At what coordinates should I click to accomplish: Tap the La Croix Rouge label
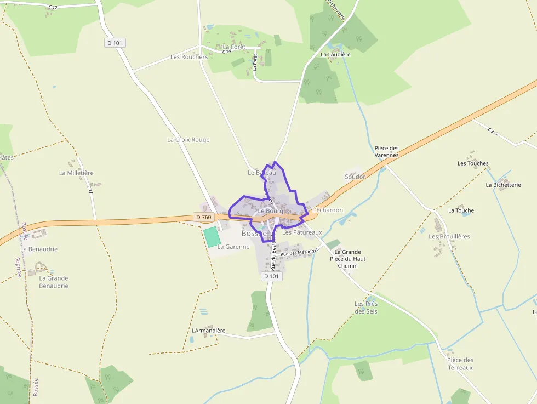point(188,140)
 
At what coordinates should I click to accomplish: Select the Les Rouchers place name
point(189,57)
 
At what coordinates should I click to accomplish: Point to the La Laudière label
point(335,55)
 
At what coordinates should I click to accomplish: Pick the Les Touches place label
point(473,163)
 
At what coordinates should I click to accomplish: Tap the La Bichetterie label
point(503,185)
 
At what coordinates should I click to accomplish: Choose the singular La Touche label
point(461,210)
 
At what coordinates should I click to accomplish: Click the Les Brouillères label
point(449,237)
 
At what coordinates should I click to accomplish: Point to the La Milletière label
point(76,173)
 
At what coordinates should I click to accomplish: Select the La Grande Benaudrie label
point(54,282)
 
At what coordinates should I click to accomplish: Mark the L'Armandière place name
point(208,331)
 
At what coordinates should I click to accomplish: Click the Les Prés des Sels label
point(366,308)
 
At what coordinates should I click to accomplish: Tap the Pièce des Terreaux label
point(460,363)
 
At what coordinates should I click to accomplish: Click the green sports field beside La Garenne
point(211,237)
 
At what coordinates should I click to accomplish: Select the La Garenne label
point(233,247)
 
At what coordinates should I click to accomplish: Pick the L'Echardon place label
point(327,210)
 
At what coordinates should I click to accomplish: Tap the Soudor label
point(355,177)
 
